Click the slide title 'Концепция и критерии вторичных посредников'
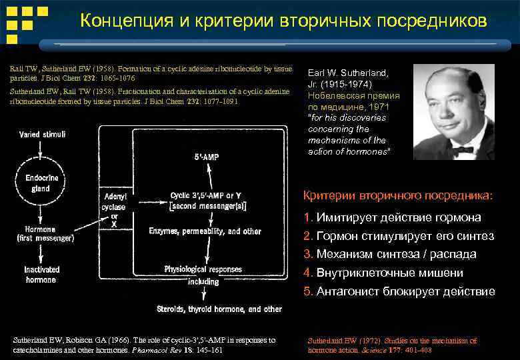[283, 21]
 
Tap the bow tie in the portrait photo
[463, 151]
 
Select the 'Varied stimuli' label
[42, 135]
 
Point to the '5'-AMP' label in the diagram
[208, 158]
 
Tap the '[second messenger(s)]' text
[208, 207]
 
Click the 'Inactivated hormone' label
[41, 275]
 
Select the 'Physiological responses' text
[204, 269]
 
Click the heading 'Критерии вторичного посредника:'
[398, 195]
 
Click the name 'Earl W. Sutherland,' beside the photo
[347, 73]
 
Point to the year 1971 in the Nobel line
[381, 106]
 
